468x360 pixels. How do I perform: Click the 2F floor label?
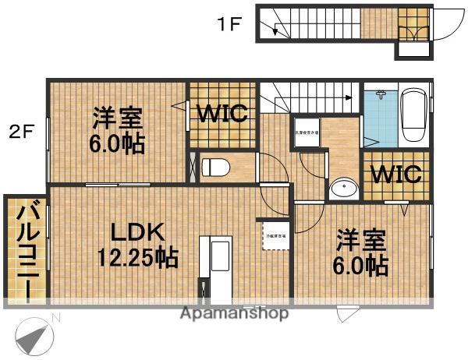click(x=22, y=132)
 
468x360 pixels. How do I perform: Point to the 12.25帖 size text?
click(x=136, y=256)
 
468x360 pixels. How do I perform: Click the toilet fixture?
click(x=215, y=166)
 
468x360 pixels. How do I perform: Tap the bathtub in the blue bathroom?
click(x=413, y=115)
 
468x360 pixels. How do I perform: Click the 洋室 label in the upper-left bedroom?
click(x=118, y=119)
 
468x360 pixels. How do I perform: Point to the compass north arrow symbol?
click(x=33, y=337)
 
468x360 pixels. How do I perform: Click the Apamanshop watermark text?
click(x=235, y=313)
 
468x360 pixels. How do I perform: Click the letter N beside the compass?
click(x=55, y=317)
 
